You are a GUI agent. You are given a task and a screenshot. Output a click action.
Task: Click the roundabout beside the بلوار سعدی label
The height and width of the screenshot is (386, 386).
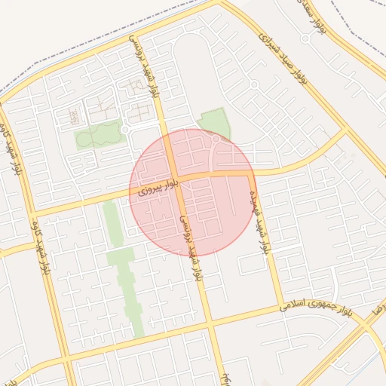tap(305, 38)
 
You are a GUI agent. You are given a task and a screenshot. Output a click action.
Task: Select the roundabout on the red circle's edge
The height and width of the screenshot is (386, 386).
tap(216, 139)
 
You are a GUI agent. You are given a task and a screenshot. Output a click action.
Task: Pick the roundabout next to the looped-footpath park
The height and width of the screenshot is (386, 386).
tap(125, 130)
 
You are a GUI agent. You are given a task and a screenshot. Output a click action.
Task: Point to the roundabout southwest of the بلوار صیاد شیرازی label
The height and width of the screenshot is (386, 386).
tap(254, 84)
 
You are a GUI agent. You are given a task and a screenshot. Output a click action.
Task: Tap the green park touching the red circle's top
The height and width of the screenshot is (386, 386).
tap(214, 121)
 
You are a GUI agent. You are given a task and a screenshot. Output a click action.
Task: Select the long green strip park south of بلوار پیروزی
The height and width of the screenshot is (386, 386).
tap(123, 264)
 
